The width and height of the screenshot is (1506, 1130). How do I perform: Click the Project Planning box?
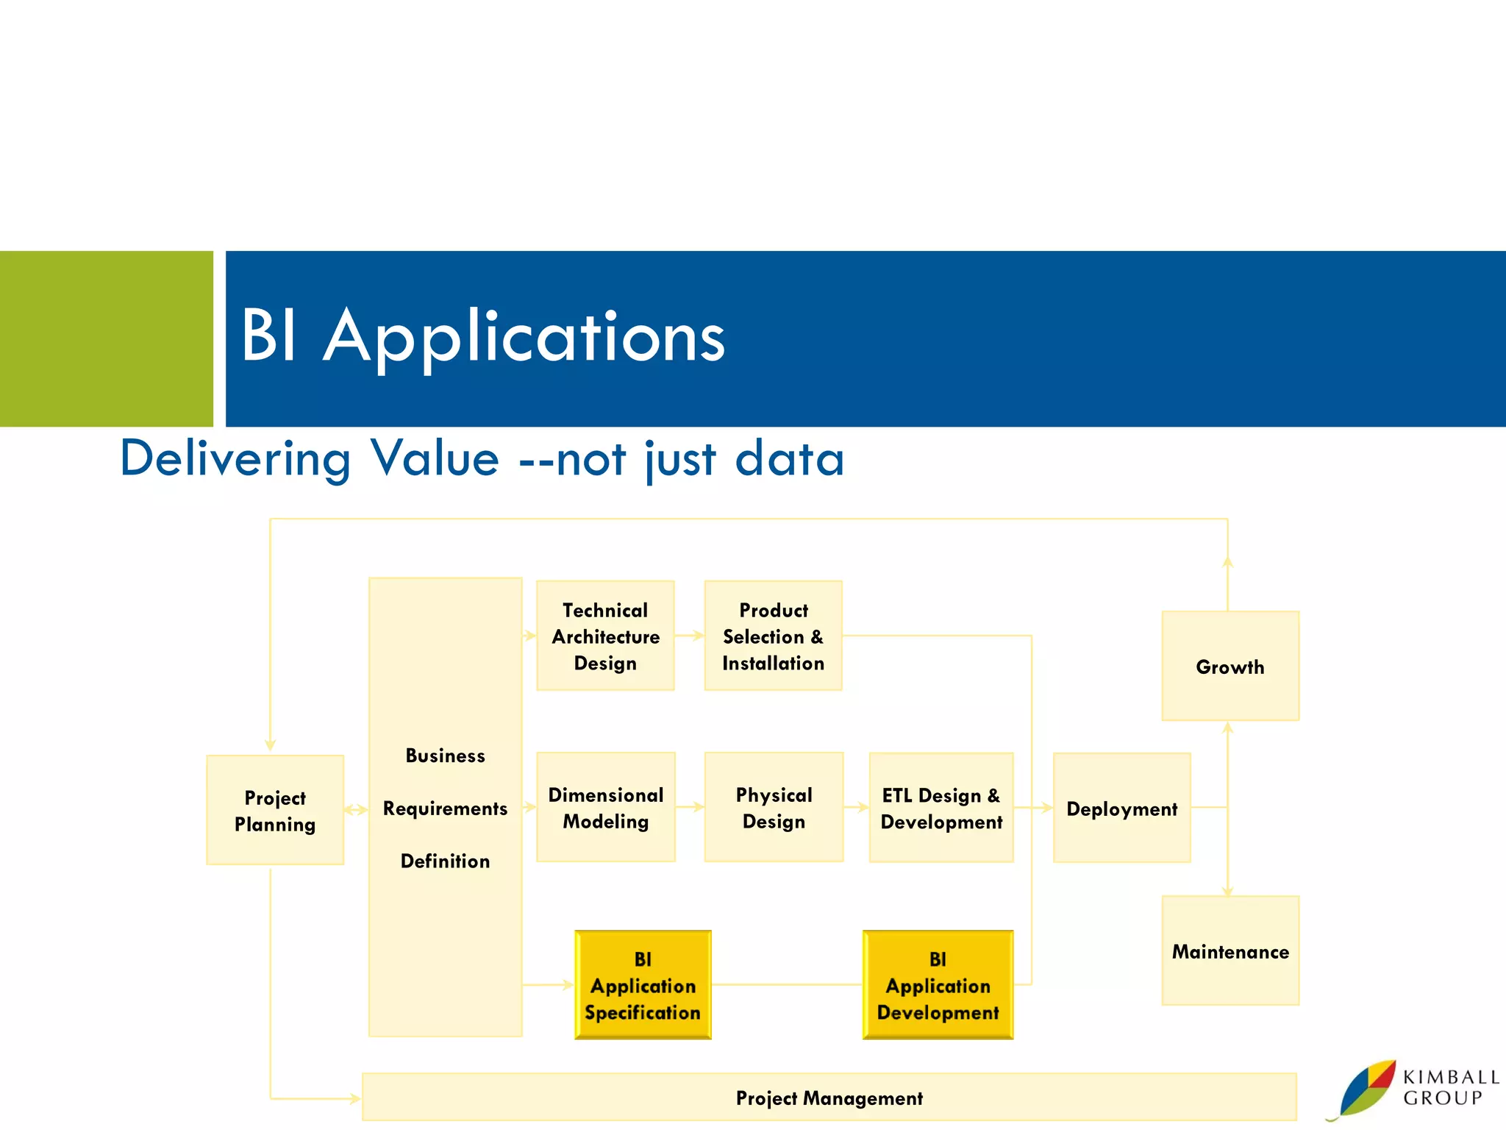275,810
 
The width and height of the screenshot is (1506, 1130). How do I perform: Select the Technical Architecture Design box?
605,636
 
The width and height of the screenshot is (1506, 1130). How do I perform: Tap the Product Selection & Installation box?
773,636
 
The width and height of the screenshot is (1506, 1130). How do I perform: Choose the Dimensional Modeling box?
605,807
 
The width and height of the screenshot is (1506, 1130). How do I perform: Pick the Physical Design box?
774,807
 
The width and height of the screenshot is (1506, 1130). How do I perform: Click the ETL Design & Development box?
941,807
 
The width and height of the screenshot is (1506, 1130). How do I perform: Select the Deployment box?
1121,808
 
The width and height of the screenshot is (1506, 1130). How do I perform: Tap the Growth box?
1230,666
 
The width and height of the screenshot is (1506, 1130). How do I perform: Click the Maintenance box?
1230,950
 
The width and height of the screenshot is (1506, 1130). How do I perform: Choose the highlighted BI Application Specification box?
643,985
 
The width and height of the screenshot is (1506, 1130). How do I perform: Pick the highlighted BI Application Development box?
938,985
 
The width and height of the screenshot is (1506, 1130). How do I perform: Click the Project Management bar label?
829,1098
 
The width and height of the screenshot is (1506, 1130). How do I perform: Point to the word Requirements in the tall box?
445,809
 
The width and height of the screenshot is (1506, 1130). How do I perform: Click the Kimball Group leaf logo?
1366,1089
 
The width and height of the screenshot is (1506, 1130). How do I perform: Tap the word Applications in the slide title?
524,337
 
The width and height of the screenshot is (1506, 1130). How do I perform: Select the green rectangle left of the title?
106,338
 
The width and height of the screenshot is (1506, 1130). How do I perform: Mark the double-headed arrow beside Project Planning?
356,810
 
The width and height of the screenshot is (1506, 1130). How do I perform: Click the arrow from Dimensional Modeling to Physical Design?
690,807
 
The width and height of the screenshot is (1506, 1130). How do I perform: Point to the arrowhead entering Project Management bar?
355,1098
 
